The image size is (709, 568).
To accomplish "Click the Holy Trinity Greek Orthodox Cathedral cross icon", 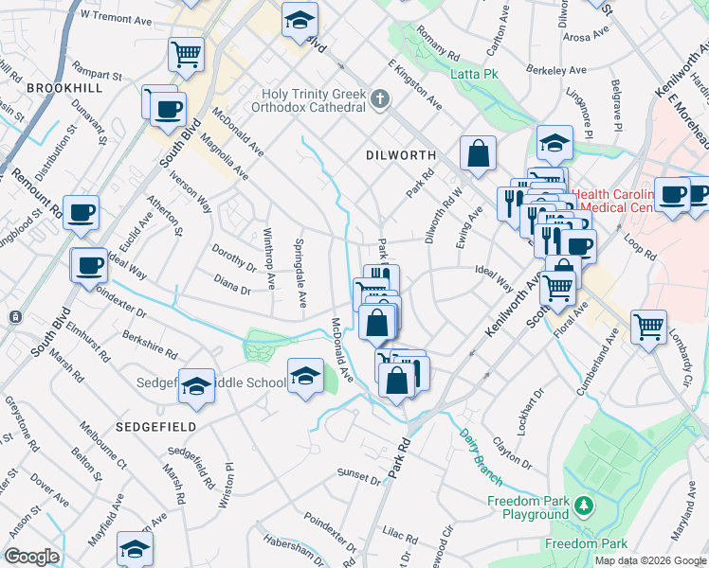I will [x=380, y=98].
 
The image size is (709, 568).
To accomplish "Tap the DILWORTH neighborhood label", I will [x=401, y=154].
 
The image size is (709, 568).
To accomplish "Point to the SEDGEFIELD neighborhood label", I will [x=156, y=427].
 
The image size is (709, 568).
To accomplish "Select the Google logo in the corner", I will [x=31, y=557].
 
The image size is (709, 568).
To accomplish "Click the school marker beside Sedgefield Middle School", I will [x=196, y=386].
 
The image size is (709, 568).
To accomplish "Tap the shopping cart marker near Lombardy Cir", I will [x=649, y=327].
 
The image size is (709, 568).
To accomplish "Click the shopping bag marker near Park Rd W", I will [x=478, y=152].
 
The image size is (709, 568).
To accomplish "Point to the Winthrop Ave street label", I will [x=268, y=258].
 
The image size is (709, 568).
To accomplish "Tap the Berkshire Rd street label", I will [x=150, y=346].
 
